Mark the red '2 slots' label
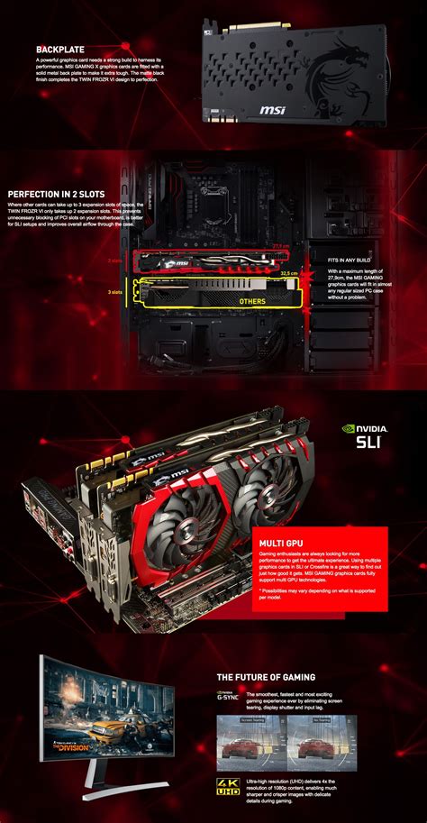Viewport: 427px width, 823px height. click(114, 260)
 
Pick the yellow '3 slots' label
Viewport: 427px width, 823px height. click(114, 292)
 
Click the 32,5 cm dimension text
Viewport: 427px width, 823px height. click(288, 273)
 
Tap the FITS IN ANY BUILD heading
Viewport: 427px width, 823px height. click(350, 260)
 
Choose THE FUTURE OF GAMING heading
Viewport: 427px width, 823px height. click(266, 676)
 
